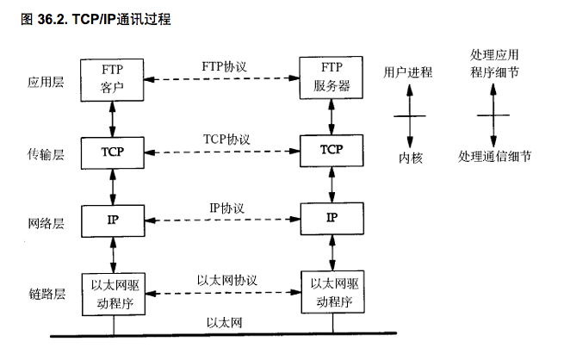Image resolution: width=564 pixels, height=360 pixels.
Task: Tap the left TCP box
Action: [x=111, y=152]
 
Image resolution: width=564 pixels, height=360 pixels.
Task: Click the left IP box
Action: [x=111, y=220]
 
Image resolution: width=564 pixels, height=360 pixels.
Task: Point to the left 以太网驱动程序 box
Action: [x=111, y=292]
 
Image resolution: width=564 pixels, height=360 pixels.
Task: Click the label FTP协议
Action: [x=224, y=66]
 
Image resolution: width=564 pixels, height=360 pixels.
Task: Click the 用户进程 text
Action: [x=408, y=72]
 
